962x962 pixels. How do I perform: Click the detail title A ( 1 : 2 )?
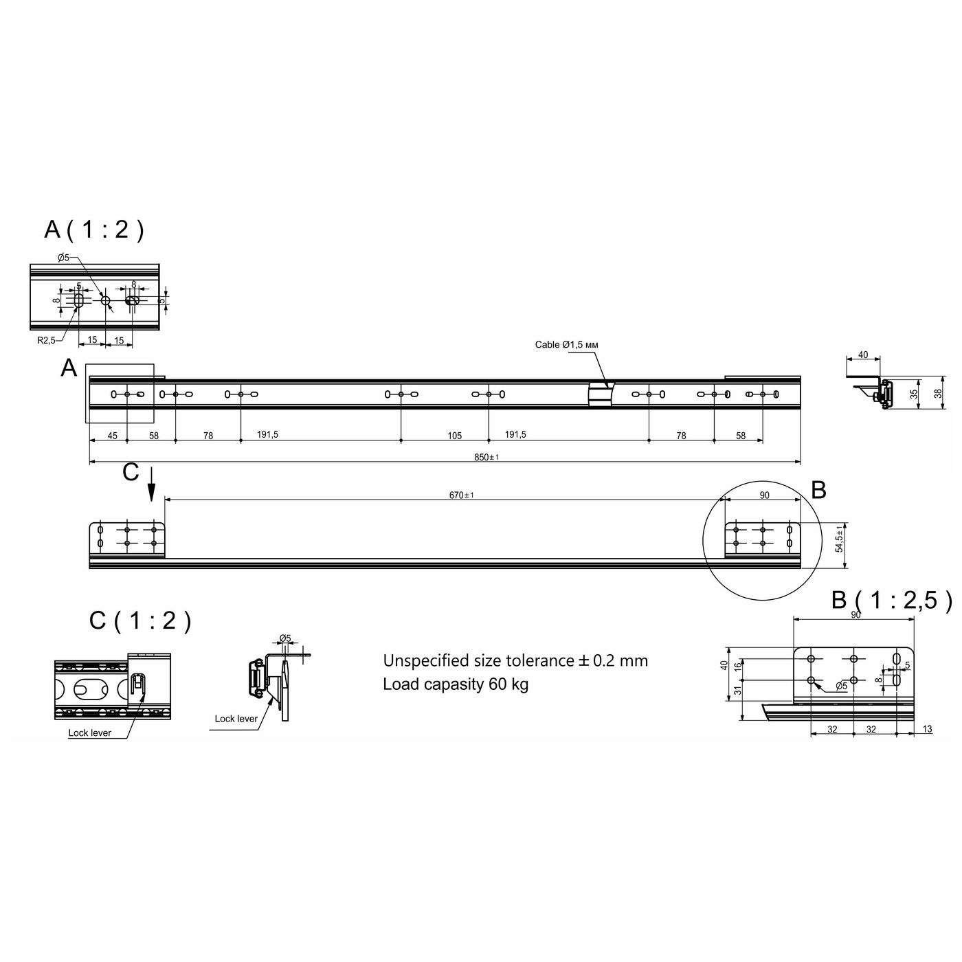click(94, 230)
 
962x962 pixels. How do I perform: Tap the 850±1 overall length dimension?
click(486, 457)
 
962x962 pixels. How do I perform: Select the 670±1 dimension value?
click(461, 495)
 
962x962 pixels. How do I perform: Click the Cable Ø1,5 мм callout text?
click(567, 344)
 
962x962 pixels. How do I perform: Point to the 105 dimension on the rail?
click(454, 436)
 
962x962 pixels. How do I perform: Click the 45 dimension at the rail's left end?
click(112, 436)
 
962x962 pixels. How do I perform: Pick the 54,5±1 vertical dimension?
click(839, 537)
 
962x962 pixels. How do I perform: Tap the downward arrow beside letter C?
click(151, 484)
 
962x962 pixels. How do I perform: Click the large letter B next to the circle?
click(818, 490)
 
